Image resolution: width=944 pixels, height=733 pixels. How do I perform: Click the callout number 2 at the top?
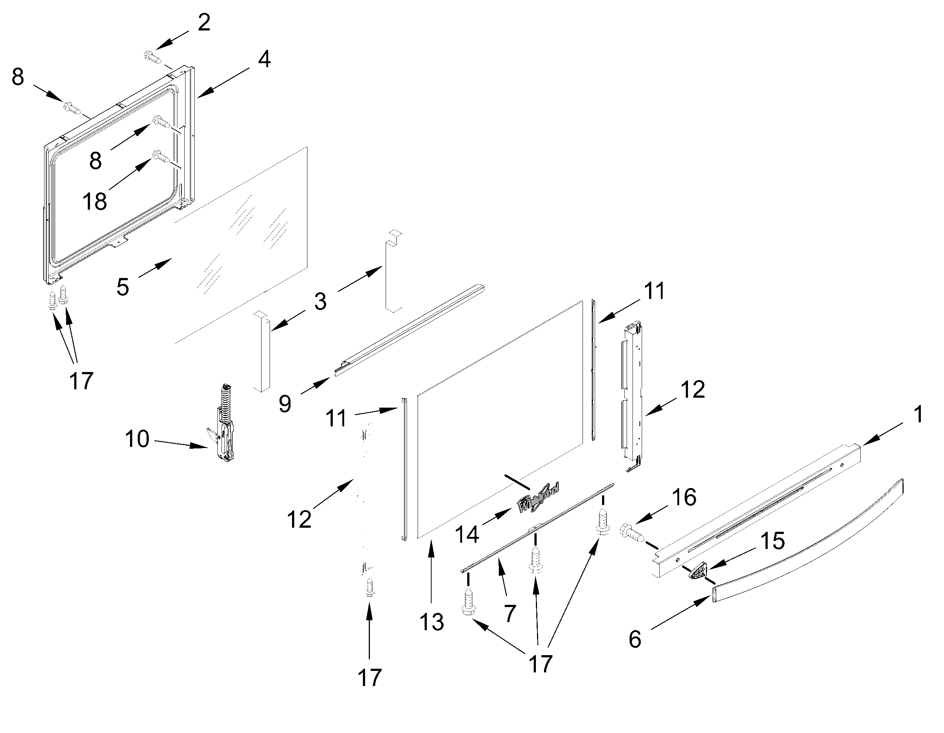point(204,22)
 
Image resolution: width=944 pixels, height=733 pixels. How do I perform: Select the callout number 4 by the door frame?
point(264,59)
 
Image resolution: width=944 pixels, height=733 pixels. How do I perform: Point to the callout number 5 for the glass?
point(123,286)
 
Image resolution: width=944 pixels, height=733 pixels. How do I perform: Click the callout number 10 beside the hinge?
point(137,439)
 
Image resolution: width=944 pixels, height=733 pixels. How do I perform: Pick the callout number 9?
point(284,404)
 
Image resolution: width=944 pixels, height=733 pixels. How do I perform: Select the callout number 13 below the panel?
point(431,622)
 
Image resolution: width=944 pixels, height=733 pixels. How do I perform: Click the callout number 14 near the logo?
point(467,535)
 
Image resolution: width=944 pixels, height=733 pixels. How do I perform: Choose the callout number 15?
point(772,541)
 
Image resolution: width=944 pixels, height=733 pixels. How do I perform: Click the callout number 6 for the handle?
point(634,640)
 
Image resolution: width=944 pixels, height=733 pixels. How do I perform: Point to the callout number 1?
point(919,415)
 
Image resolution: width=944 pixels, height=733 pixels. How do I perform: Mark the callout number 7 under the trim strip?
point(510,614)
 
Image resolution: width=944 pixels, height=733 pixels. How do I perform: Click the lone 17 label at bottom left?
point(370,678)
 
